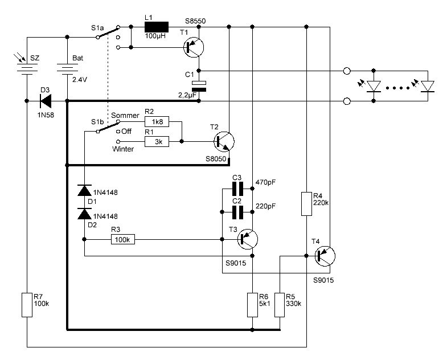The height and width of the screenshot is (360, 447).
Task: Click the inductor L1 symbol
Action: [x=157, y=27]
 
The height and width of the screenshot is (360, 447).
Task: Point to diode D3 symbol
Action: [x=44, y=101]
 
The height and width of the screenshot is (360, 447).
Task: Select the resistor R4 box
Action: [x=306, y=203]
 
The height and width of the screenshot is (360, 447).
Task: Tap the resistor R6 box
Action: [x=252, y=304]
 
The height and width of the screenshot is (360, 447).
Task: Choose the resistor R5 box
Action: [x=280, y=304]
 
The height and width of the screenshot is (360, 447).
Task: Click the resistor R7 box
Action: [x=27, y=304]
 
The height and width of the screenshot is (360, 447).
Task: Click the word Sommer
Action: [x=125, y=116]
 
